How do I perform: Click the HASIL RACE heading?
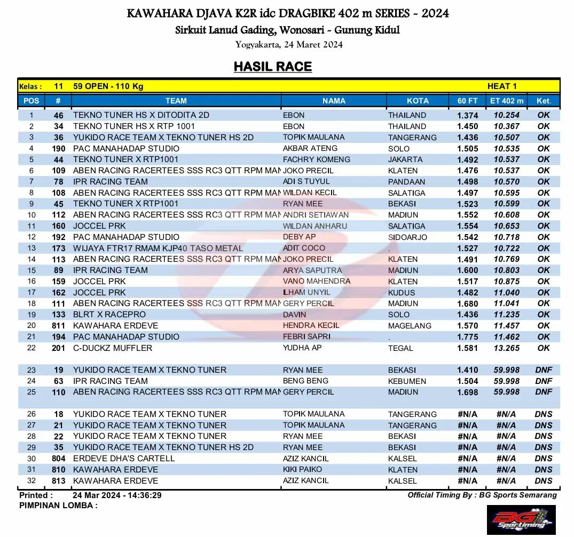272,67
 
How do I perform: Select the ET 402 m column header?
506,101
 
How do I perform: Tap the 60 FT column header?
467,101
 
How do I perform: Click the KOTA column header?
418,101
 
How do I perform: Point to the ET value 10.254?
506,115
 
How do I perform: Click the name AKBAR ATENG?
310,148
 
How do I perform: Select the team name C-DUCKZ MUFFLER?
113,348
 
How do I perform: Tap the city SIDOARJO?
407,237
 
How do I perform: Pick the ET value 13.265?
506,348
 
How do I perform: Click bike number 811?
59,326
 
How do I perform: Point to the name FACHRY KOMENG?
316,159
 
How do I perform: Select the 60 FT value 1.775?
467,337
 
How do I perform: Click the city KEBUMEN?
407,381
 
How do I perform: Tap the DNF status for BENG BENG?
544,381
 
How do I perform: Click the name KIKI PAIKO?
302,469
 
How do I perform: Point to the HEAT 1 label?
502,86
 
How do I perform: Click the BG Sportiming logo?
521,519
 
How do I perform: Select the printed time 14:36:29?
143,495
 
